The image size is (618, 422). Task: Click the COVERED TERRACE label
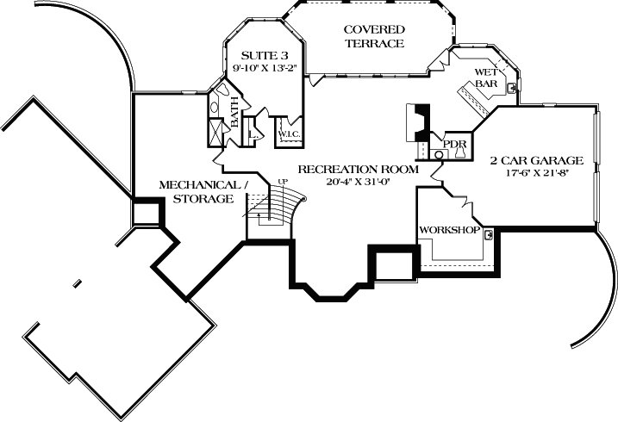[x=374, y=36]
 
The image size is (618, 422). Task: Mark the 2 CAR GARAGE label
[x=537, y=160]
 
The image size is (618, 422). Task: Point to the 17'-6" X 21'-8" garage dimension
[x=537, y=174]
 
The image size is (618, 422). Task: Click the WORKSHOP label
[x=448, y=230]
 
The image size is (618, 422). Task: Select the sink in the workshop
[x=488, y=233]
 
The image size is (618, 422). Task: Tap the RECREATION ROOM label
[x=358, y=169]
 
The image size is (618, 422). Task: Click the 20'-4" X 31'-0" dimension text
[x=358, y=183]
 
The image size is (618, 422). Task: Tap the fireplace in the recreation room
[x=417, y=122]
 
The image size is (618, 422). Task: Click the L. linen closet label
[x=253, y=134]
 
